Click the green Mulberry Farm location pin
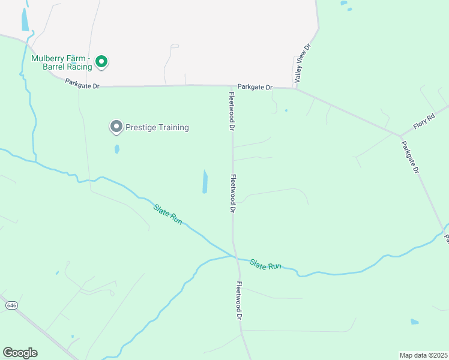coord(102,61)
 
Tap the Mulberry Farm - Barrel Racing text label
coord(62,62)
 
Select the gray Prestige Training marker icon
coord(115,127)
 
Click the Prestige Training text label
coord(157,127)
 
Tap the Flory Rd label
coord(423,122)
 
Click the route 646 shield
coord(11,305)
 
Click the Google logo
coord(20,353)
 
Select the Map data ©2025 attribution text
coord(423,355)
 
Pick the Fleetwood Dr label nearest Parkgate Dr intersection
coord(231,110)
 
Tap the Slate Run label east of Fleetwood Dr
coord(265,264)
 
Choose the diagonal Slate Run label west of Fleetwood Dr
coord(167,214)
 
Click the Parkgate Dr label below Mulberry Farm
coord(82,86)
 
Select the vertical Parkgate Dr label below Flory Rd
coord(410,157)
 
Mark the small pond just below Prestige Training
coord(116,149)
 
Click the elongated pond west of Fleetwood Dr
coord(205,182)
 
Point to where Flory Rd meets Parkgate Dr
coord(400,135)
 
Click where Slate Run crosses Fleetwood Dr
coord(234,256)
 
